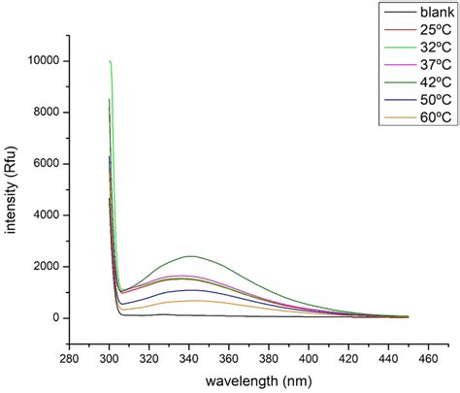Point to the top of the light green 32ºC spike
111,61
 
